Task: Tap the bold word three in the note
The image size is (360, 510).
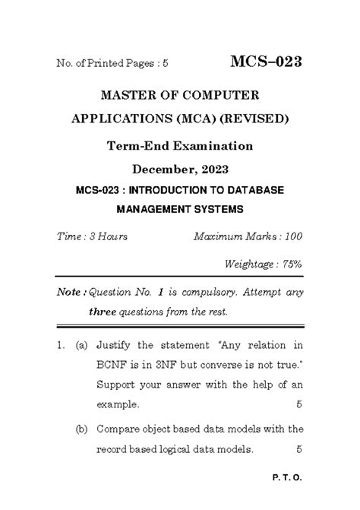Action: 102,312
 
